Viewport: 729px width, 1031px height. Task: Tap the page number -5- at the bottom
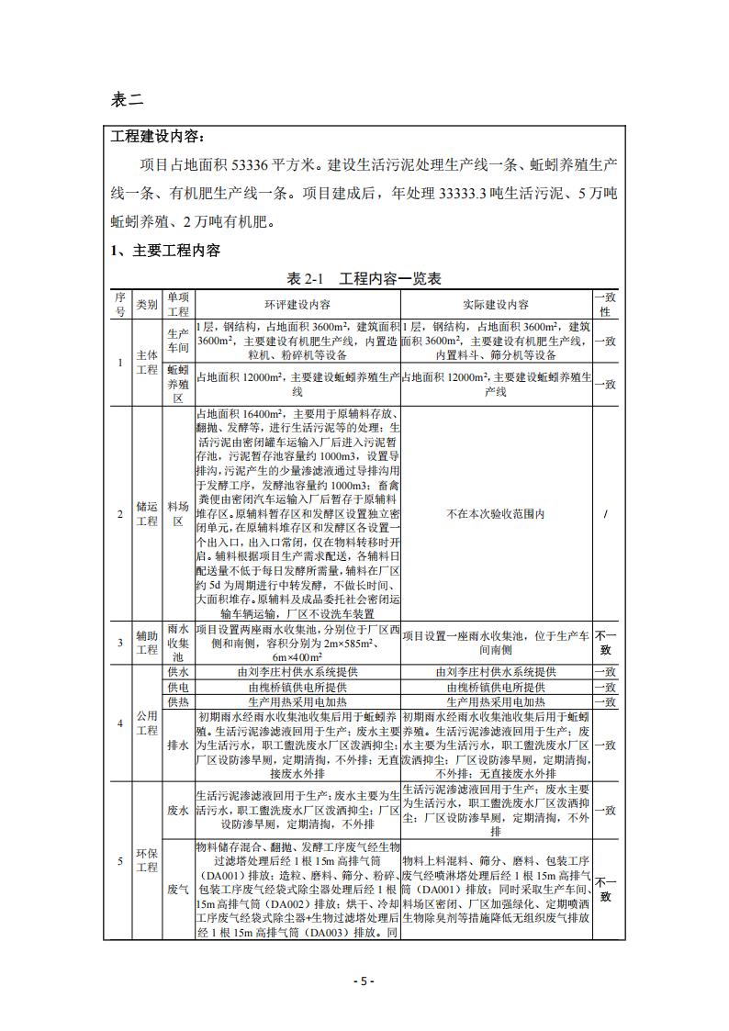pos(364,981)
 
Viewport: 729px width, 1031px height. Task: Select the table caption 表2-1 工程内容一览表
pos(364,278)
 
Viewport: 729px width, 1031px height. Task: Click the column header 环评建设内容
pos(298,304)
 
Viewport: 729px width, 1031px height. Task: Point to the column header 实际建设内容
pos(496,304)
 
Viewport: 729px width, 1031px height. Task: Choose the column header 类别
pos(147,304)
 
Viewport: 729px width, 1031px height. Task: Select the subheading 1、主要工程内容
pos(165,250)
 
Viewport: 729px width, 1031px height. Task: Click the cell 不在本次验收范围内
pos(496,514)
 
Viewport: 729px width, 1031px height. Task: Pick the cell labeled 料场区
pos(178,514)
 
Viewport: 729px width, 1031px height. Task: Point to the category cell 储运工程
pos(147,514)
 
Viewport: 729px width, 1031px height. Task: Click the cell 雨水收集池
pos(178,643)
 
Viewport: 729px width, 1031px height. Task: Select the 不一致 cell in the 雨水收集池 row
pos(604,643)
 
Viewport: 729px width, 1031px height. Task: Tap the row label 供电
pos(178,686)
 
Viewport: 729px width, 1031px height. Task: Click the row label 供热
pos(178,700)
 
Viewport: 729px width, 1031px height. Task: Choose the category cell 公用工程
pos(147,722)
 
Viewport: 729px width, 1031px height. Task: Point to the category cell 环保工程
pos(147,860)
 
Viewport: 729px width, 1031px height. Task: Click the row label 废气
pos(178,889)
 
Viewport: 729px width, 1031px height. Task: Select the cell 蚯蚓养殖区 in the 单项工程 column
pos(178,384)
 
